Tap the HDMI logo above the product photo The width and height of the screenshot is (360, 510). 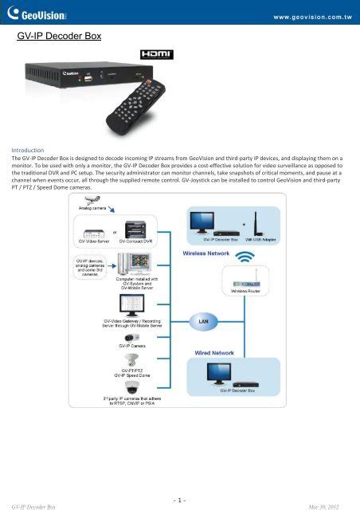point(166,55)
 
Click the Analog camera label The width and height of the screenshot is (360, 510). point(96,206)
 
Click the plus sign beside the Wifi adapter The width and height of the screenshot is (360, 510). point(242,214)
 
